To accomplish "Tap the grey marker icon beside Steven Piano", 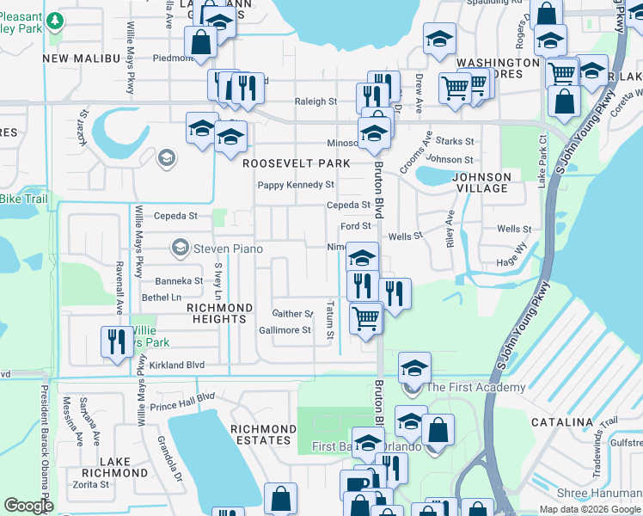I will [180, 249].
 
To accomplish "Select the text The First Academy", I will [475, 387].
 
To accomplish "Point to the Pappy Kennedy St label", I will [296, 185].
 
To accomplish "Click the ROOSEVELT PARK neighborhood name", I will [297, 163].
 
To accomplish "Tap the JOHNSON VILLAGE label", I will [481, 182].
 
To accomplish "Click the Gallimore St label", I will [285, 330].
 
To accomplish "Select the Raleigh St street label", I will [315, 101].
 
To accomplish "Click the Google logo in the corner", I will [28, 506].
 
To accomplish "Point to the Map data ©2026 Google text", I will [590, 509].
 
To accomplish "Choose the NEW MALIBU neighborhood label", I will [79, 58].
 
